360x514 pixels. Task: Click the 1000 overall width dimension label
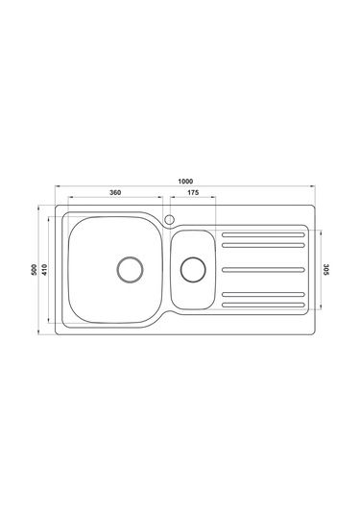185,182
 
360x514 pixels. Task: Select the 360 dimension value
115,192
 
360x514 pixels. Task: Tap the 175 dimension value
193,192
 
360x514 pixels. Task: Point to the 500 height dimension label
34,269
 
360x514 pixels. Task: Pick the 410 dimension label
44,269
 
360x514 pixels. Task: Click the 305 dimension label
326,269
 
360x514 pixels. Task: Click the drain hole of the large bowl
130,269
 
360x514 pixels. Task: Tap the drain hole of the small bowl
193,269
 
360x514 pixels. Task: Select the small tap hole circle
169,219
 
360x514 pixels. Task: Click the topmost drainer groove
263,234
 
